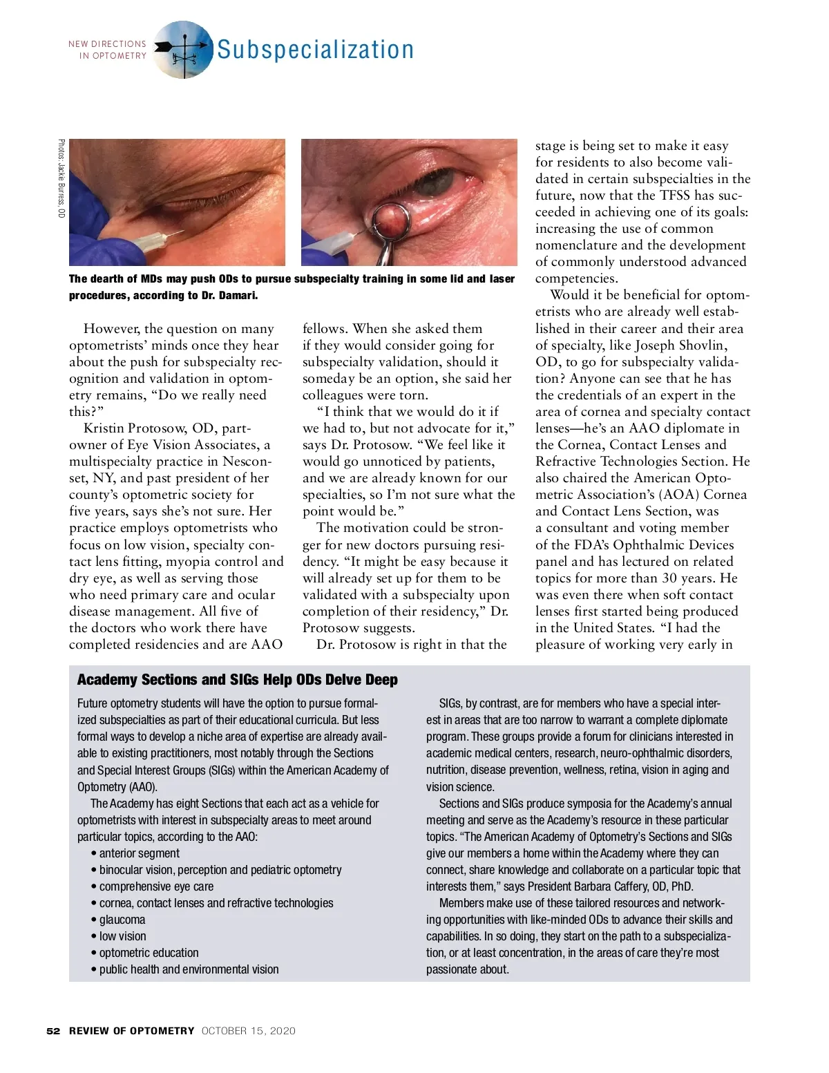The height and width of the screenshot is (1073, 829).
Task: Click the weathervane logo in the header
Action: click(182, 49)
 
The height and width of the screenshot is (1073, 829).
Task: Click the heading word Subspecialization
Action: click(315, 50)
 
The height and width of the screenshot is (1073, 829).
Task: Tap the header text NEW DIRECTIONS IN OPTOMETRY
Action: click(108, 50)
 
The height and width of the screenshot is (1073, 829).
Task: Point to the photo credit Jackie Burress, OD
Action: click(61, 180)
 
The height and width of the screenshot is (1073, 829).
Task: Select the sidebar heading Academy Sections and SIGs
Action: click(237, 680)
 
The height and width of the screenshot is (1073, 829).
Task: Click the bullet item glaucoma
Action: click(122, 920)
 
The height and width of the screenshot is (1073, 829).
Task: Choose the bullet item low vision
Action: click(123, 936)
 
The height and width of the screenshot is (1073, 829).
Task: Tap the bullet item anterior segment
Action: click(139, 853)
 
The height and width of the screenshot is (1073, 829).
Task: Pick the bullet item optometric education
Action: click(149, 953)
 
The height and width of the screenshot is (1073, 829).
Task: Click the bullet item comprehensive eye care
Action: click(156, 886)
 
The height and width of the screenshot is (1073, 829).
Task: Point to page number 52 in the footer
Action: click(53, 1031)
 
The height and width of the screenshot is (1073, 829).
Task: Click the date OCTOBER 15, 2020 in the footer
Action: click(248, 1031)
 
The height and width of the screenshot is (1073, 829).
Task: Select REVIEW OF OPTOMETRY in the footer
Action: click(131, 1031)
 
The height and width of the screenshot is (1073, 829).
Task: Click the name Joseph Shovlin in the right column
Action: click(680, 345)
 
